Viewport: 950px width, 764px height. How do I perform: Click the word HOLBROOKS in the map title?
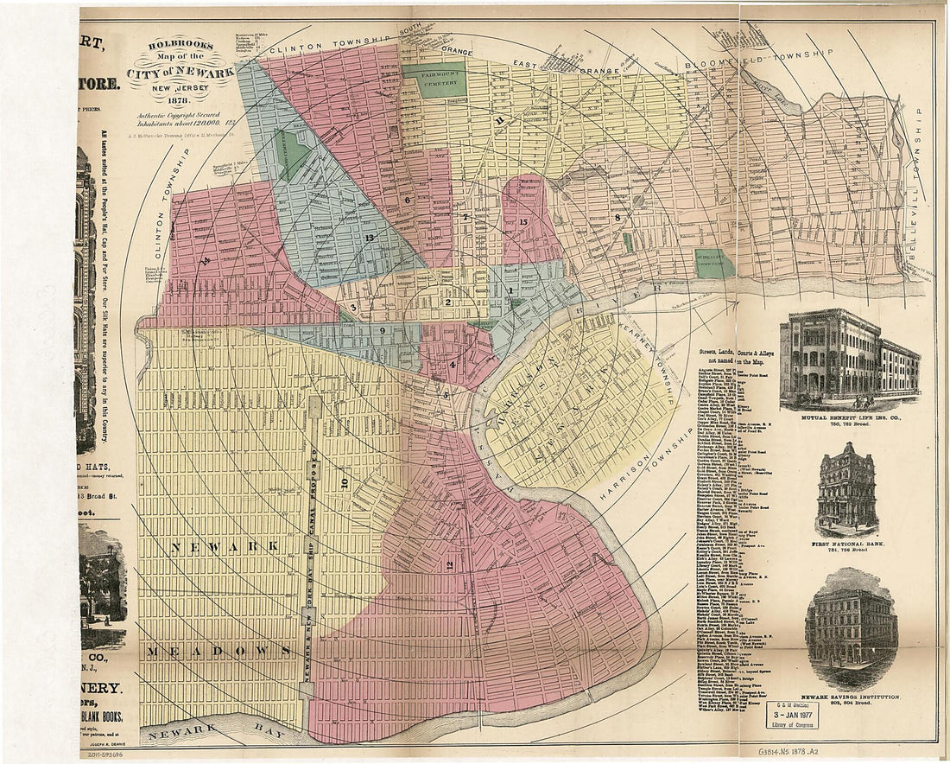[180, 48]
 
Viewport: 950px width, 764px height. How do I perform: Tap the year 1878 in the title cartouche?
[180, 99]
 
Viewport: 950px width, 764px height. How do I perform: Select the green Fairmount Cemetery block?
[434, 80]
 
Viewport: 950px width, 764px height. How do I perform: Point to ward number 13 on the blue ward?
[370, 238]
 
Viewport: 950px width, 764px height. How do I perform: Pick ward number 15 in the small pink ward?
[524, 222]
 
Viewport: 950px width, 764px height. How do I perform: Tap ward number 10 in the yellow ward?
[344, 483]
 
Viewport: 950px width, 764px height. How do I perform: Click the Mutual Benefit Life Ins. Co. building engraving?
[850, 360]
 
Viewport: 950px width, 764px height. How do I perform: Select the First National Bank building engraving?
[847, 489]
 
